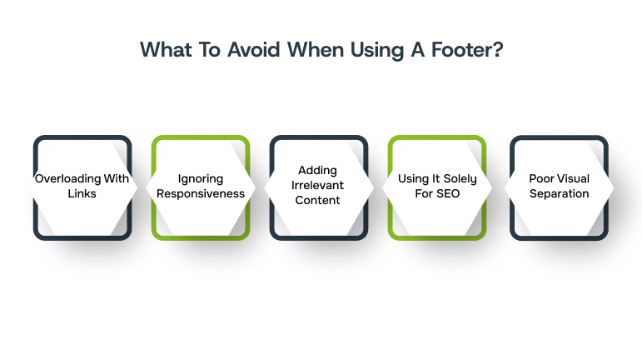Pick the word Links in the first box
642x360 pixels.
82,193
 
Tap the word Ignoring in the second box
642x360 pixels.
200,178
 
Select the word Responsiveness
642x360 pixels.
200,193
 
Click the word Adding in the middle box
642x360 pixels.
317,171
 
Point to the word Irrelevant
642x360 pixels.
317,186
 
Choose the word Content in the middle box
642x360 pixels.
317,201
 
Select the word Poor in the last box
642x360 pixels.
542,178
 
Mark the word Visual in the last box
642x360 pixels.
573,178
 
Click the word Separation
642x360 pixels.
559,193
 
